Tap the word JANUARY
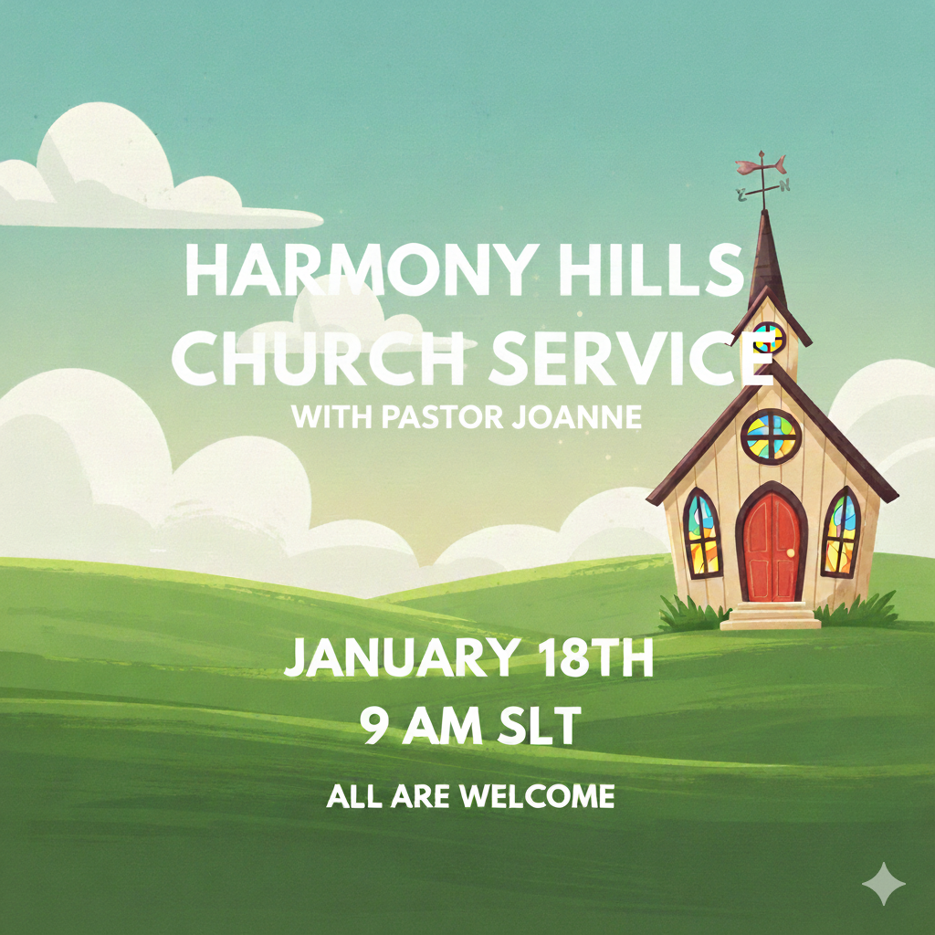[x=399, y=659]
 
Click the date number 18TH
[x=592, y=659]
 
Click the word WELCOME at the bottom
[x=536, y=796]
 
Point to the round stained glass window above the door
[x=772, y=436]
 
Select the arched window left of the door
[x=701, y=534]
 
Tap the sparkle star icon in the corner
[x=884, y=883]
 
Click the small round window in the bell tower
[x=770, y=338]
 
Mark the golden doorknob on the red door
[x=793, y=552]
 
